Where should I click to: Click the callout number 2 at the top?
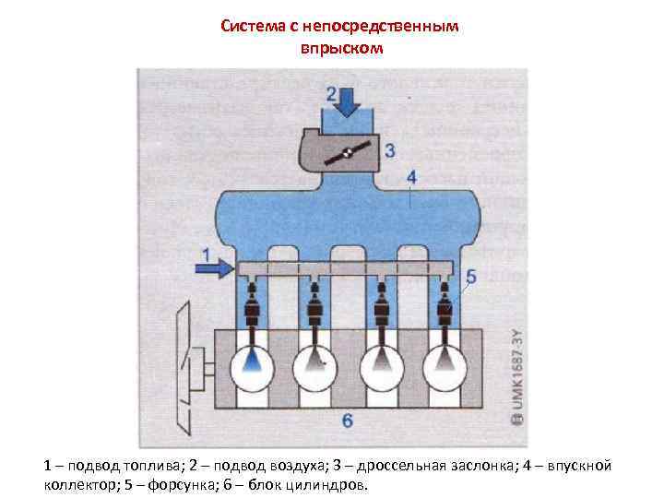(330, 93)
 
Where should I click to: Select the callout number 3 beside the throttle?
(390, 149)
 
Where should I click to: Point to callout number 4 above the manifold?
(411, 176)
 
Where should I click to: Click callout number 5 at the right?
(471, 276)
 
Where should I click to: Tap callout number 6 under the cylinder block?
(347, 421)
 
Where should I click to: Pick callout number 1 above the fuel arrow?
(207, 253)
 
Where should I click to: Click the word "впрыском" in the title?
(340, 47)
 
